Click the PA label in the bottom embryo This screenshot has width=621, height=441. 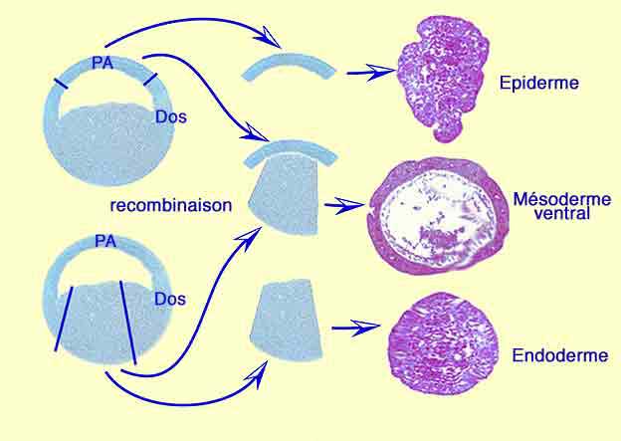[103, 241]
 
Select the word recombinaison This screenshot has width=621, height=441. [171, 206]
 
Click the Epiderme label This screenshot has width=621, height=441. [538, 82]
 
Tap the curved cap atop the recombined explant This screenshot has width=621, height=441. [293, 152]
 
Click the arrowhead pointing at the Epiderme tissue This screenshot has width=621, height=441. [380, 71]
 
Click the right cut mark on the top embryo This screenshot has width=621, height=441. [148, 79]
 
